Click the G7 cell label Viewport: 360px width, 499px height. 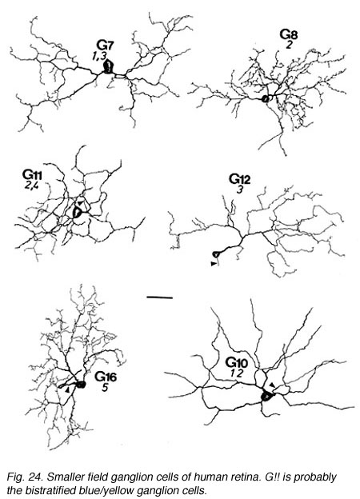tap(106, 46)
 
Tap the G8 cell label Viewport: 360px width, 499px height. tap(289, 34)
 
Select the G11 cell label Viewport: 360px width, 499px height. tap(32, 174)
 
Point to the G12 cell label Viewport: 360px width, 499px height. tap(240, 179)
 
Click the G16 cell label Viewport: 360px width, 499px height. tap(106, 377)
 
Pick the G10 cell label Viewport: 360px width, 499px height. tap(237, 362)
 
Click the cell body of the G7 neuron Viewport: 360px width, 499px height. tap(109, 67)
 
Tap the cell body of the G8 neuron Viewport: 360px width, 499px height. tap(265, 99)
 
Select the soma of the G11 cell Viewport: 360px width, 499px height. tap(77, 213)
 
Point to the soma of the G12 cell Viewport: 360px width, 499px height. tap(216, 254)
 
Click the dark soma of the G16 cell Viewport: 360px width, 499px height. tap(82, 385)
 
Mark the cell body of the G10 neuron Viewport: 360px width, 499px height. tap(266, 397)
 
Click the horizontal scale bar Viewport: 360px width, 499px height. tap(159, 297)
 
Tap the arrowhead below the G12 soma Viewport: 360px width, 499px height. tap(214, 264)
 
